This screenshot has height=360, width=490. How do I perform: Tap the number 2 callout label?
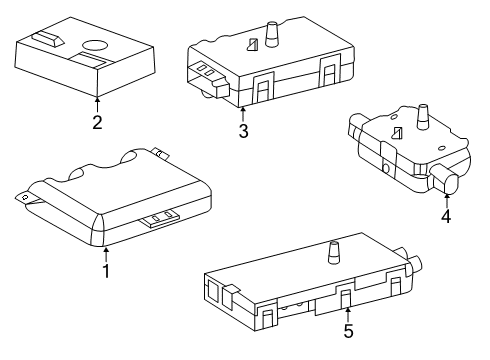[97, 123]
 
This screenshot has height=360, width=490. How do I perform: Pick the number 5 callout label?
[348, 331]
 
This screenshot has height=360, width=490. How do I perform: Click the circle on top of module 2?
[96, 46]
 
